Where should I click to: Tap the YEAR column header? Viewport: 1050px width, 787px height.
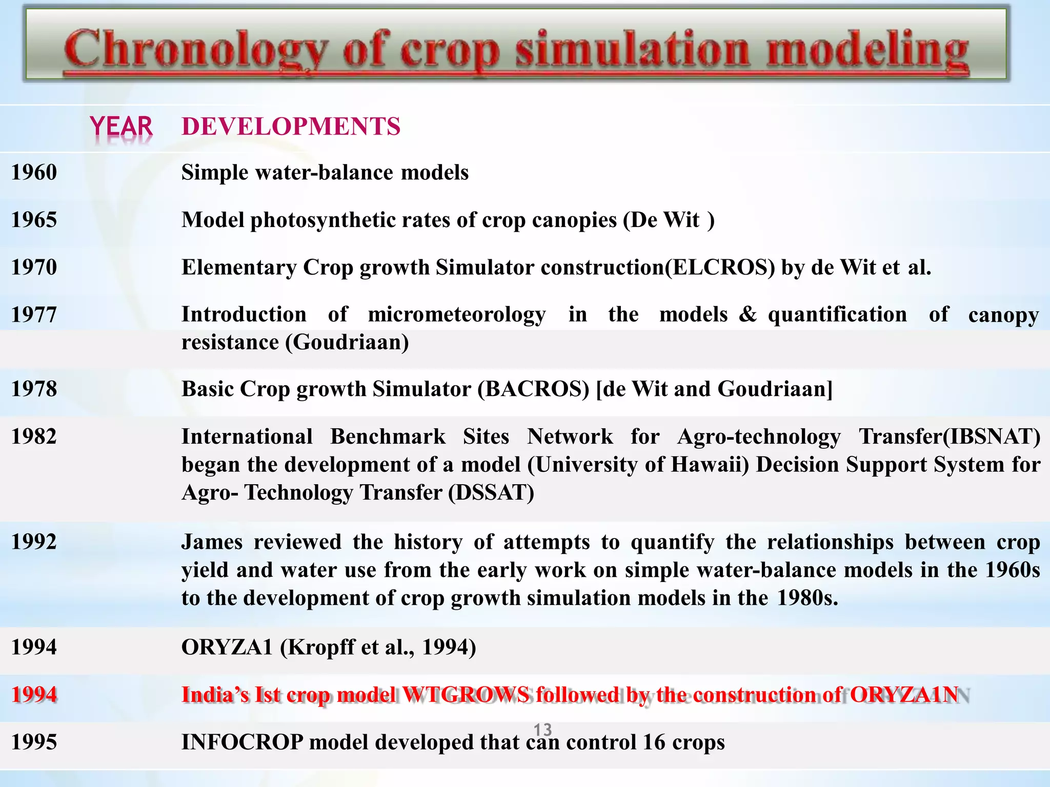click(121, 127)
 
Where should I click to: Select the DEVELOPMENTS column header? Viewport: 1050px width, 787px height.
click(291, 127)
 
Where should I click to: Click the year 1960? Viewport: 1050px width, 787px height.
click(34, 172)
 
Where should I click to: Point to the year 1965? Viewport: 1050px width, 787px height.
click(34, 220)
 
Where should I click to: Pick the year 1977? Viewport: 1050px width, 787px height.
click(34, 315)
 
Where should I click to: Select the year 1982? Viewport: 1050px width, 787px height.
click(34, 437)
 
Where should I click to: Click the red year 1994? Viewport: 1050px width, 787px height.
click(34, 695)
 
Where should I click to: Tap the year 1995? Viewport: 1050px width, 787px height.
click(34, 742)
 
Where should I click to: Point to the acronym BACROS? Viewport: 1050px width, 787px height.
click(533, 389)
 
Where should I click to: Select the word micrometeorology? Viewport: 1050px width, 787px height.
click(457, 315)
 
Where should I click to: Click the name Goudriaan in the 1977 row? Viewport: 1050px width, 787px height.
click(347, 342)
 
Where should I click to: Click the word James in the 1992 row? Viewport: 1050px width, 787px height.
click(212, 542)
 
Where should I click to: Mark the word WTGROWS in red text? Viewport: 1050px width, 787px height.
click(466, 695)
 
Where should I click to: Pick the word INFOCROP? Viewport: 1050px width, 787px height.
click(242, 742)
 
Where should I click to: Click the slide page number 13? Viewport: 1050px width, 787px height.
click(542, 729)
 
